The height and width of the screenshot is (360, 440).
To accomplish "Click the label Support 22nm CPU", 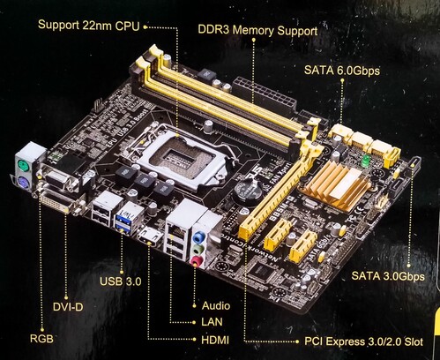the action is tap(88, 26).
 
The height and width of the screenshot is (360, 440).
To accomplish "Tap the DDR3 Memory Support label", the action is tap(257, 30).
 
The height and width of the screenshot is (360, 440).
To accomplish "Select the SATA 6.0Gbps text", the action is tap(342, 71).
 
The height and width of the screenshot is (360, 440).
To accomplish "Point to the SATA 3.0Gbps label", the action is tap(388, 276).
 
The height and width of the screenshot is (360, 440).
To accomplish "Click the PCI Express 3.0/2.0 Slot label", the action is tap(363, 341).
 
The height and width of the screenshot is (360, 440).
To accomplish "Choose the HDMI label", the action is tap(215, 340).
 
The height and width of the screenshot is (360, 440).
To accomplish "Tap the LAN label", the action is tap(212, 322).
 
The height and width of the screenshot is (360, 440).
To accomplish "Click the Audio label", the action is tap(216, 305).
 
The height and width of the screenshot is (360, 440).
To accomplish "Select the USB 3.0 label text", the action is tap(121, 281).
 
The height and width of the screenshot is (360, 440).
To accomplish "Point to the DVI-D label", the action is tap(68, 307).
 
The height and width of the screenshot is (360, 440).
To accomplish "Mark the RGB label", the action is tap(41, 339).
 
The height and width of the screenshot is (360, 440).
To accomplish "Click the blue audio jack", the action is tap(200, 236).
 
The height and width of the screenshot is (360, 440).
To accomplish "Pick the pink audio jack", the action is tap(198, 261).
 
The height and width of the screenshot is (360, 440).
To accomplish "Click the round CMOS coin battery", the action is tap(247, 191).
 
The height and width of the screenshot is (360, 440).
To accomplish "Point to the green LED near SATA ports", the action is tap(365, 161).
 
